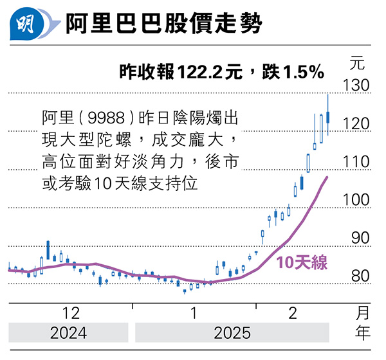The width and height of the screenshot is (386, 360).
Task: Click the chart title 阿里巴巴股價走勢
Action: point(164,26)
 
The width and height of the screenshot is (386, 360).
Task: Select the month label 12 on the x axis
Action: point(71,314)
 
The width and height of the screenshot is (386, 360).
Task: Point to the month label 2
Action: point(293,314)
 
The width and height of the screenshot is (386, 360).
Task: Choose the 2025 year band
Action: point(232,334)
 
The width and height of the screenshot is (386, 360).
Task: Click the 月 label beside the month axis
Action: point(363,314)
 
